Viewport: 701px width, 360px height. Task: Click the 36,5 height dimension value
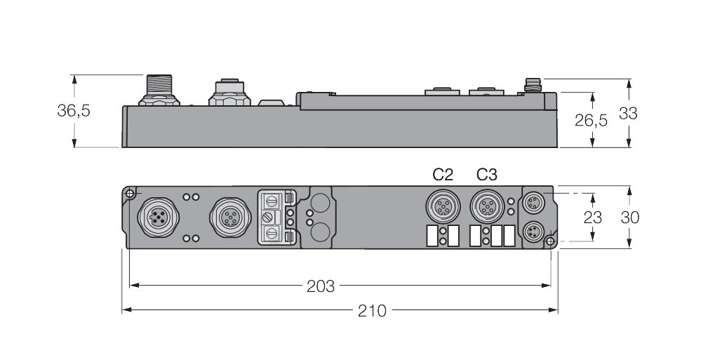[74, 111]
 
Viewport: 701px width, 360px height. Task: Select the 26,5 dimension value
[591, 120]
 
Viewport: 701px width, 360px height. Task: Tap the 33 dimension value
[628, 112]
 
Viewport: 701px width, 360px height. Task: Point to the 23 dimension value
[593, 217]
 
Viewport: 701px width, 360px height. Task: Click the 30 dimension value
[629, 217]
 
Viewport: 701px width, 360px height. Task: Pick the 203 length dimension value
[321, 286]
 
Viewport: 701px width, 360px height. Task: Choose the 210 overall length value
[373, 310]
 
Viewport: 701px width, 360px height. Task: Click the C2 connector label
[443, 174]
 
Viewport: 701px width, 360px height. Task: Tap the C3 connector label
[487, 174]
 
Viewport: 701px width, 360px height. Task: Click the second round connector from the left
[228, 216]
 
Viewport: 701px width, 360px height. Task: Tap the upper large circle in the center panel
[320, 203]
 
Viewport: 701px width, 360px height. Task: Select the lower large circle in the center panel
[320, 231]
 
